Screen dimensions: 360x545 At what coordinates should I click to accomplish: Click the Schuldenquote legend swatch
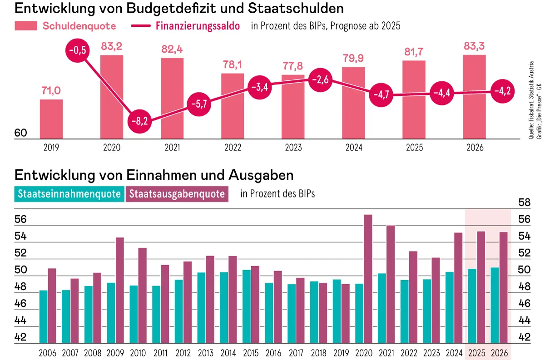click(26, 26)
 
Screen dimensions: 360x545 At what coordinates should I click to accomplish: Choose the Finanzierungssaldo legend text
click(198, 26)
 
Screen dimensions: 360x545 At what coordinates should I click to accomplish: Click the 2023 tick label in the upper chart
click(293, 148)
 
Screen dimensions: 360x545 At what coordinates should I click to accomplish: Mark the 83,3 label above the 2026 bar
click(475, 46)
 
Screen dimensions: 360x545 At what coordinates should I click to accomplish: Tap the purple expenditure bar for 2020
click(368, 279)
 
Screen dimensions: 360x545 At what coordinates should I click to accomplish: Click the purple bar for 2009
click(119, 290)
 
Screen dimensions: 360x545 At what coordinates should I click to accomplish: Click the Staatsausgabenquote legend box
click(177, 194)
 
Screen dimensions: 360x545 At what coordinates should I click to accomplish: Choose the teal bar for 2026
click(495, 305)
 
